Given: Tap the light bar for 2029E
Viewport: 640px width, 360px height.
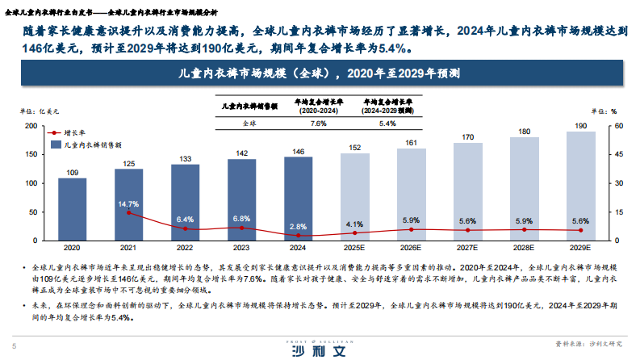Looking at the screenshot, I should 580,186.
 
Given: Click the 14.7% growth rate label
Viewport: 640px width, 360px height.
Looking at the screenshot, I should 129,204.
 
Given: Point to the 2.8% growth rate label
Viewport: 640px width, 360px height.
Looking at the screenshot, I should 298,227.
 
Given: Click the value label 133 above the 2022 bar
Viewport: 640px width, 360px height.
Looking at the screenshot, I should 185,158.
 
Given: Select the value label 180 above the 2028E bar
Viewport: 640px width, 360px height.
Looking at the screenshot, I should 524,131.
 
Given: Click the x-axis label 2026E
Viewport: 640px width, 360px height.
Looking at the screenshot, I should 411,249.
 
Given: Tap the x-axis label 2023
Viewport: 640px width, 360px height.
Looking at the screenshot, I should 241,249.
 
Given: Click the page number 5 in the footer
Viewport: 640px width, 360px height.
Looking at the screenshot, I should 12,341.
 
